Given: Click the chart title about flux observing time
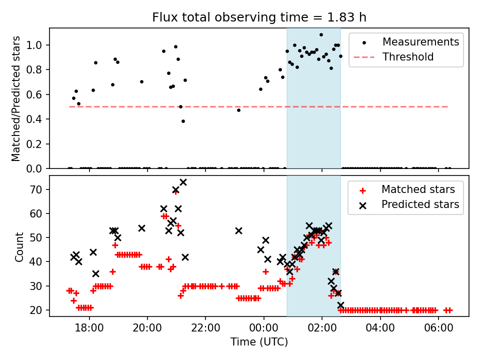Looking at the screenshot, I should pos(259,17).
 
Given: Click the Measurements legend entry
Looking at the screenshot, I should pos(420,42).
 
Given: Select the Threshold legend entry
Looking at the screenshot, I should pos(408,57).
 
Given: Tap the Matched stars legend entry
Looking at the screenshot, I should pos(418,189).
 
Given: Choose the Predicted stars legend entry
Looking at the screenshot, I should pos(420,204).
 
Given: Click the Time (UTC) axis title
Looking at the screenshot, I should pos(259,342).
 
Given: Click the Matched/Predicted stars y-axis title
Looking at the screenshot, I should pos(16,98).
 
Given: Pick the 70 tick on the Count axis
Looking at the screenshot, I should pos(38,189).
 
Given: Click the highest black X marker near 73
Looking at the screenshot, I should pos(183,182).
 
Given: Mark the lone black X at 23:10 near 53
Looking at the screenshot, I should pos(238,230).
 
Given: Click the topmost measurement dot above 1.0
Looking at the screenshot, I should pos(321,35).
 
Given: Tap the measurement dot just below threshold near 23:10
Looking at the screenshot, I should pos(238,110).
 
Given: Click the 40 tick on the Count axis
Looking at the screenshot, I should pos(38,262).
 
